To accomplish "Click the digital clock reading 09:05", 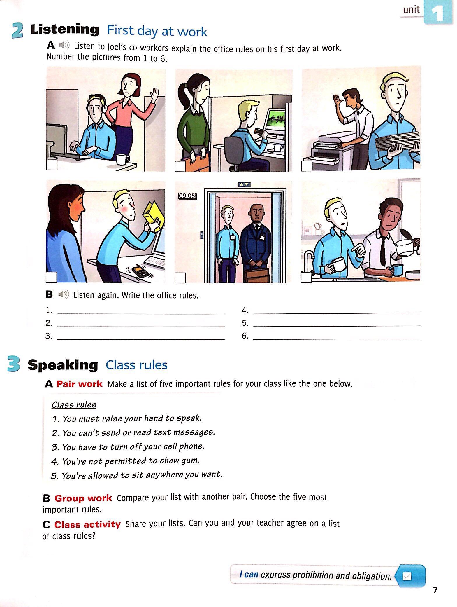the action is pos(187,196).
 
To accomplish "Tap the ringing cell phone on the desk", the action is pos(140,271).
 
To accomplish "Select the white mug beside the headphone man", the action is pos(122,159).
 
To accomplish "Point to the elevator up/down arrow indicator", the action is pos(244,184).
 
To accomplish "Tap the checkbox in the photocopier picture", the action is pos(307,165).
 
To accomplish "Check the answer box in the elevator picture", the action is pos(180,278).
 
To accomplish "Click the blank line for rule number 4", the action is pos(337,313).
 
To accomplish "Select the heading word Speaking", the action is pos(63,365).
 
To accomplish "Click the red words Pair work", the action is pos(79,384).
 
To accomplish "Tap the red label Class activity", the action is pos(87,524).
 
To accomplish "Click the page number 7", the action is pos(435,590).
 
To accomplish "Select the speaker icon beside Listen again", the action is pos(63,295).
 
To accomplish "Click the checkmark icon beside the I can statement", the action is pos(407,576).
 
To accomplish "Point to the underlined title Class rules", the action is pos(74,405).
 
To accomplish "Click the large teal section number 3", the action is pos(14,365).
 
